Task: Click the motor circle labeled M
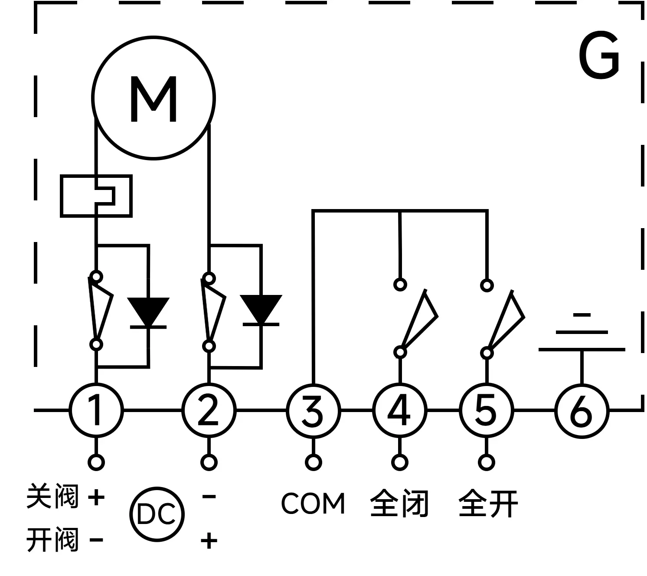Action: [154, 98]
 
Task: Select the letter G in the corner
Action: [599, 56]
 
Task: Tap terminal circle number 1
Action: [96, 410]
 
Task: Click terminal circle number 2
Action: [209, 410]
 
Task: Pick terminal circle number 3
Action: [313, 410]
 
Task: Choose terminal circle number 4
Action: [399, 410]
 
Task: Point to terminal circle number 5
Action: [486, 410]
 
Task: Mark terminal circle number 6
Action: [582, 410]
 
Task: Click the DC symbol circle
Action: [157, 514]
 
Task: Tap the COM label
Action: [313, 504]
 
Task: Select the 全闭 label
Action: [399, 504]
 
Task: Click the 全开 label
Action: [488, 504]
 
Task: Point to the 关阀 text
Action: [52, 497]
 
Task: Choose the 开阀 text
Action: [52, 540]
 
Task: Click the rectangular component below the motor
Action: [96, 196]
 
